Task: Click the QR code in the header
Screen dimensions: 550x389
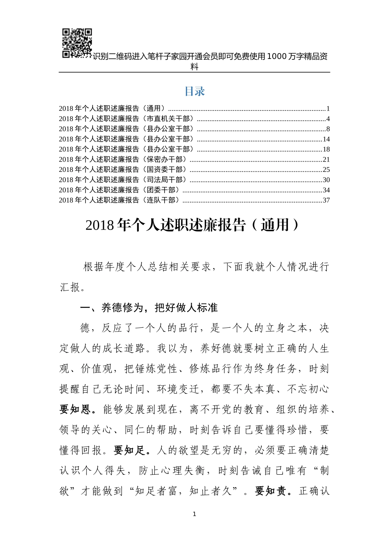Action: tap(77, 43)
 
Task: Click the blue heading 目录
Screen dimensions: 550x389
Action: tap(194, 91)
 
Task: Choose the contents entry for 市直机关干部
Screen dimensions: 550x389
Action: tap(127, 119)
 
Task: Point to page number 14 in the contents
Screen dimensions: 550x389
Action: tap(326, 139)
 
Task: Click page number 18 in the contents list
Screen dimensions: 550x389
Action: tap(326, 149)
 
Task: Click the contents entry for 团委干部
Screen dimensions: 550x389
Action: tap(120, 190)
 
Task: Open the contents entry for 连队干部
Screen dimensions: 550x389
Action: tap(120, 200)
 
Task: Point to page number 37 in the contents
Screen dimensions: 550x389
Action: tap(326, 200)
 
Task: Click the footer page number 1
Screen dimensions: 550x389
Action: tap(194, 514)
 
